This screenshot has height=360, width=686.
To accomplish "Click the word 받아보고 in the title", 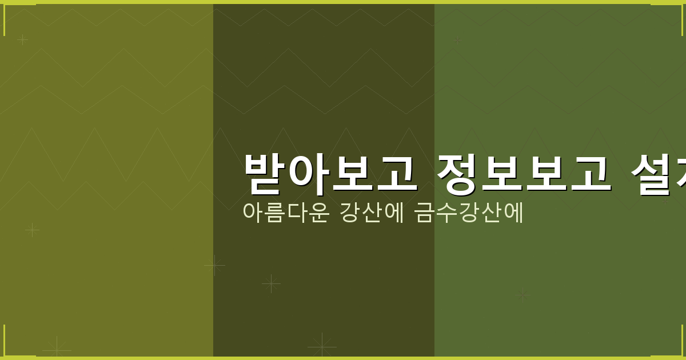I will (x=330, y=173).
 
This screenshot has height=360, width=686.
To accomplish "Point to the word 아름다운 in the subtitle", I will (x=285, y=212).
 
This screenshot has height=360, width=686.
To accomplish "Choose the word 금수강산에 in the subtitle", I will (x=468, y=212).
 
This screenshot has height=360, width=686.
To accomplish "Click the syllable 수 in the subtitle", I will (x=445, y=212).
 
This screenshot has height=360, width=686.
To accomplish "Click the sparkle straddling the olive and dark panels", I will (x=214, y=265).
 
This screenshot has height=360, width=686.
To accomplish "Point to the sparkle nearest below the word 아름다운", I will (x=271, y=283).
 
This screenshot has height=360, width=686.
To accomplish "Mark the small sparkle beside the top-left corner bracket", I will (x=22, y=39).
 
